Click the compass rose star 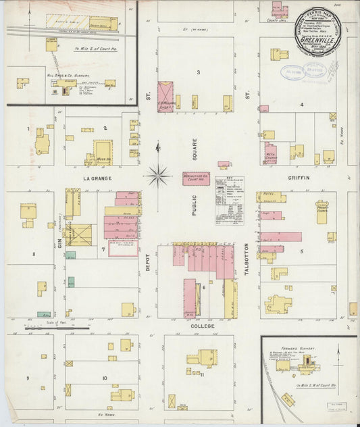(x=158, y=176)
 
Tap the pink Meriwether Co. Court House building (x=196, y=179)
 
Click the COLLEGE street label (x=201, y=326)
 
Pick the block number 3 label (x=198, y=72)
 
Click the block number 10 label (x=105, y=378)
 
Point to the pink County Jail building (x=279, y=11)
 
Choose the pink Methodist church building (x=270, y=153)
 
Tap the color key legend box (x=230, y=201)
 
